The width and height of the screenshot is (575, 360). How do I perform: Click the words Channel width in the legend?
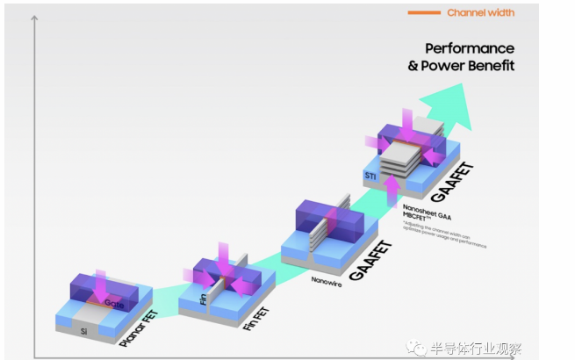[x=480, y=12]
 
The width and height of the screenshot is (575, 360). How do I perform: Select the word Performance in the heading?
[x=470, y=48]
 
